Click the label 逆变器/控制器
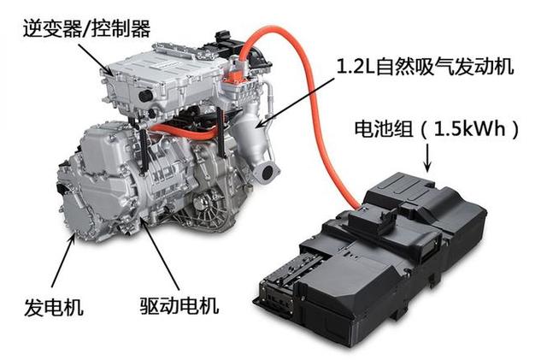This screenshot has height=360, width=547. click(86, 28)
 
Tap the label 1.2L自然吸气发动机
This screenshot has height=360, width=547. click(425, 66)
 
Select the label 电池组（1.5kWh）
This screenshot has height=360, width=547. click(437, 129)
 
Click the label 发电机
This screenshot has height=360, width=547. click(54, 307)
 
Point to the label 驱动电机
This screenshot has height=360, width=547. click(179, 305)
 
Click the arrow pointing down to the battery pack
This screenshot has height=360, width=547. click(427, 159)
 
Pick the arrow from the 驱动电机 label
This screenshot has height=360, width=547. click(160, 253)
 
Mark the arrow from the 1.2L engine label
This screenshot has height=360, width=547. click(295, 102)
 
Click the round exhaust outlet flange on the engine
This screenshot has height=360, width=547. click(267, 174)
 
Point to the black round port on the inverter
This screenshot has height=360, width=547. click(146, 96)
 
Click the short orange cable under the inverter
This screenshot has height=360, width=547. click(185, 132)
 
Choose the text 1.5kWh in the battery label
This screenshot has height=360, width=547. click(469, 129)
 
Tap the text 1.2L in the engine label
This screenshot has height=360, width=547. click(356, 67)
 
